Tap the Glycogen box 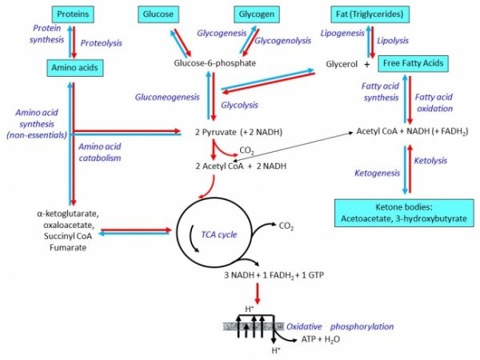click(256, 14)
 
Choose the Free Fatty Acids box click(412, 63)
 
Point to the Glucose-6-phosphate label click(214, 63)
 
